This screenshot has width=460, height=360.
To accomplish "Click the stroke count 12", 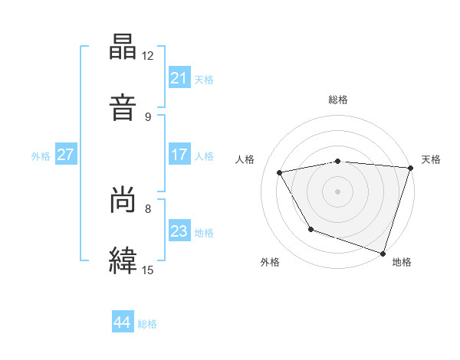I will [148, 56].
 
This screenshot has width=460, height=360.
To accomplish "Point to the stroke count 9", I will [148, 116].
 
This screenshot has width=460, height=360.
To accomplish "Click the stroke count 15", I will [148, 270].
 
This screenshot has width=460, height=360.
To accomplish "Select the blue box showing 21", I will [179, 78].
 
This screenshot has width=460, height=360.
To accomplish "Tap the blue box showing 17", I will [179, 155].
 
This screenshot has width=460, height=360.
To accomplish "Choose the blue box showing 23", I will [179, 231].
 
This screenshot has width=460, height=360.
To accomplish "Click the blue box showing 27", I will [65, 155].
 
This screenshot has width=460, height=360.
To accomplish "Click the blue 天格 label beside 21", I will [204, 79].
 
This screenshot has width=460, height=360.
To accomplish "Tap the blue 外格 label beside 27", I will [41, 155].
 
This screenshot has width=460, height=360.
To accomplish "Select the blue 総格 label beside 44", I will [148, 324].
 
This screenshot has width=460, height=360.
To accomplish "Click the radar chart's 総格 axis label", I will [338, 100].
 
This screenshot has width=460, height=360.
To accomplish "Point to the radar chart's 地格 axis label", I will [402, 262].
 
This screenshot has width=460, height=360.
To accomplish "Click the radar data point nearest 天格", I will [410, 168].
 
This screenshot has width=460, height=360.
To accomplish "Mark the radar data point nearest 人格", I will [280, 172].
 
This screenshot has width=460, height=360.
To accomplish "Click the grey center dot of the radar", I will [338, 191].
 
